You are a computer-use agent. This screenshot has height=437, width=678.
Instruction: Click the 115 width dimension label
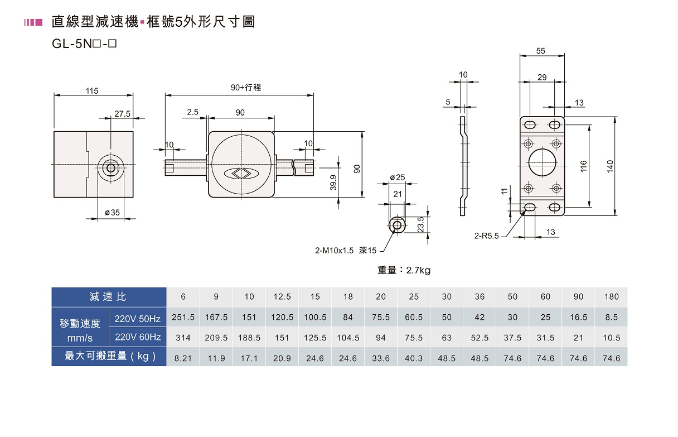pos(91,90)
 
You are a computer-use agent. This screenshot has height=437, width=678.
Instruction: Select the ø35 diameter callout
pos(112,213)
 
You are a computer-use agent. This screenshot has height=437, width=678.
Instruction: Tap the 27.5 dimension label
pos(122,114)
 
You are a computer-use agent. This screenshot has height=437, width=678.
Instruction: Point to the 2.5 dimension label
pos(192,112)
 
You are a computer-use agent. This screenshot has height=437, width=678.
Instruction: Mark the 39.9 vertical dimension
pos(333,183)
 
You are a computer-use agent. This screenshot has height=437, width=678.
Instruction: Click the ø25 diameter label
pos(397,177)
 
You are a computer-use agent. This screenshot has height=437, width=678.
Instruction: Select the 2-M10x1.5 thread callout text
pos(334,251)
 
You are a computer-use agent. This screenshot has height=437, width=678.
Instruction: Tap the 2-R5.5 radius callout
pos(486,236)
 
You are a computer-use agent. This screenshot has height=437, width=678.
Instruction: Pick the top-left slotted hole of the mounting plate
pos(530,124)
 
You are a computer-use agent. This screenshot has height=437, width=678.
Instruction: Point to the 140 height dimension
pos(610,166)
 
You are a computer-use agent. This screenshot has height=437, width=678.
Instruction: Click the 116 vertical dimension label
pos(583,166)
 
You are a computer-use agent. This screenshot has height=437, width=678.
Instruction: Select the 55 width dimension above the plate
pos(540,51)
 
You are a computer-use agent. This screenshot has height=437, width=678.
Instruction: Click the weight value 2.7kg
pos(418,270)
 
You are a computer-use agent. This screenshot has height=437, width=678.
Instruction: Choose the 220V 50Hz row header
pos(137,319)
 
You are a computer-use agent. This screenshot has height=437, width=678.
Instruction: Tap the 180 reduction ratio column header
pos(612,297)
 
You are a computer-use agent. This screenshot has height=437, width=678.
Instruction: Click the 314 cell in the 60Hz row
pos(183,338)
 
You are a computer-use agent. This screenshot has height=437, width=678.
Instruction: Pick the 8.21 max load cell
pos(183,358)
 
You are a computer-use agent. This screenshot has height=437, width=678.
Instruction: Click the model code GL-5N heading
pos(84,44)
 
